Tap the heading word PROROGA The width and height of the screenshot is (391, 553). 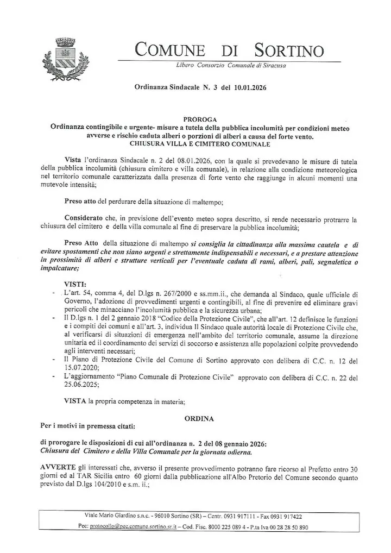pyautogui.click(x=201, y=119)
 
